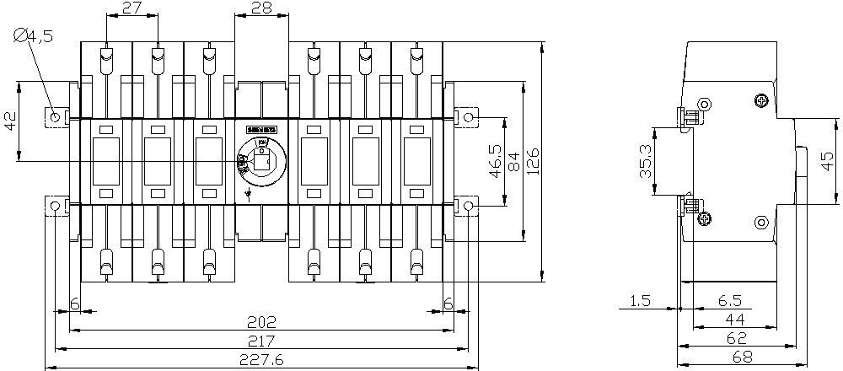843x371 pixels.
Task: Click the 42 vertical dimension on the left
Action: pyautogui.click(x=11, y=121)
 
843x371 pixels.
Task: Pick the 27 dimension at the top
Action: pyautogui.click(x=131, y=9)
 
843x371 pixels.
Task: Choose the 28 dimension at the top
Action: pyautogui.click(x=262, y=9)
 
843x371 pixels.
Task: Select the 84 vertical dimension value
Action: pyautogui.click(x=513, y=160)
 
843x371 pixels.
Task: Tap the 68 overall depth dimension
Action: pyautogui.click(x=741, y=358)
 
